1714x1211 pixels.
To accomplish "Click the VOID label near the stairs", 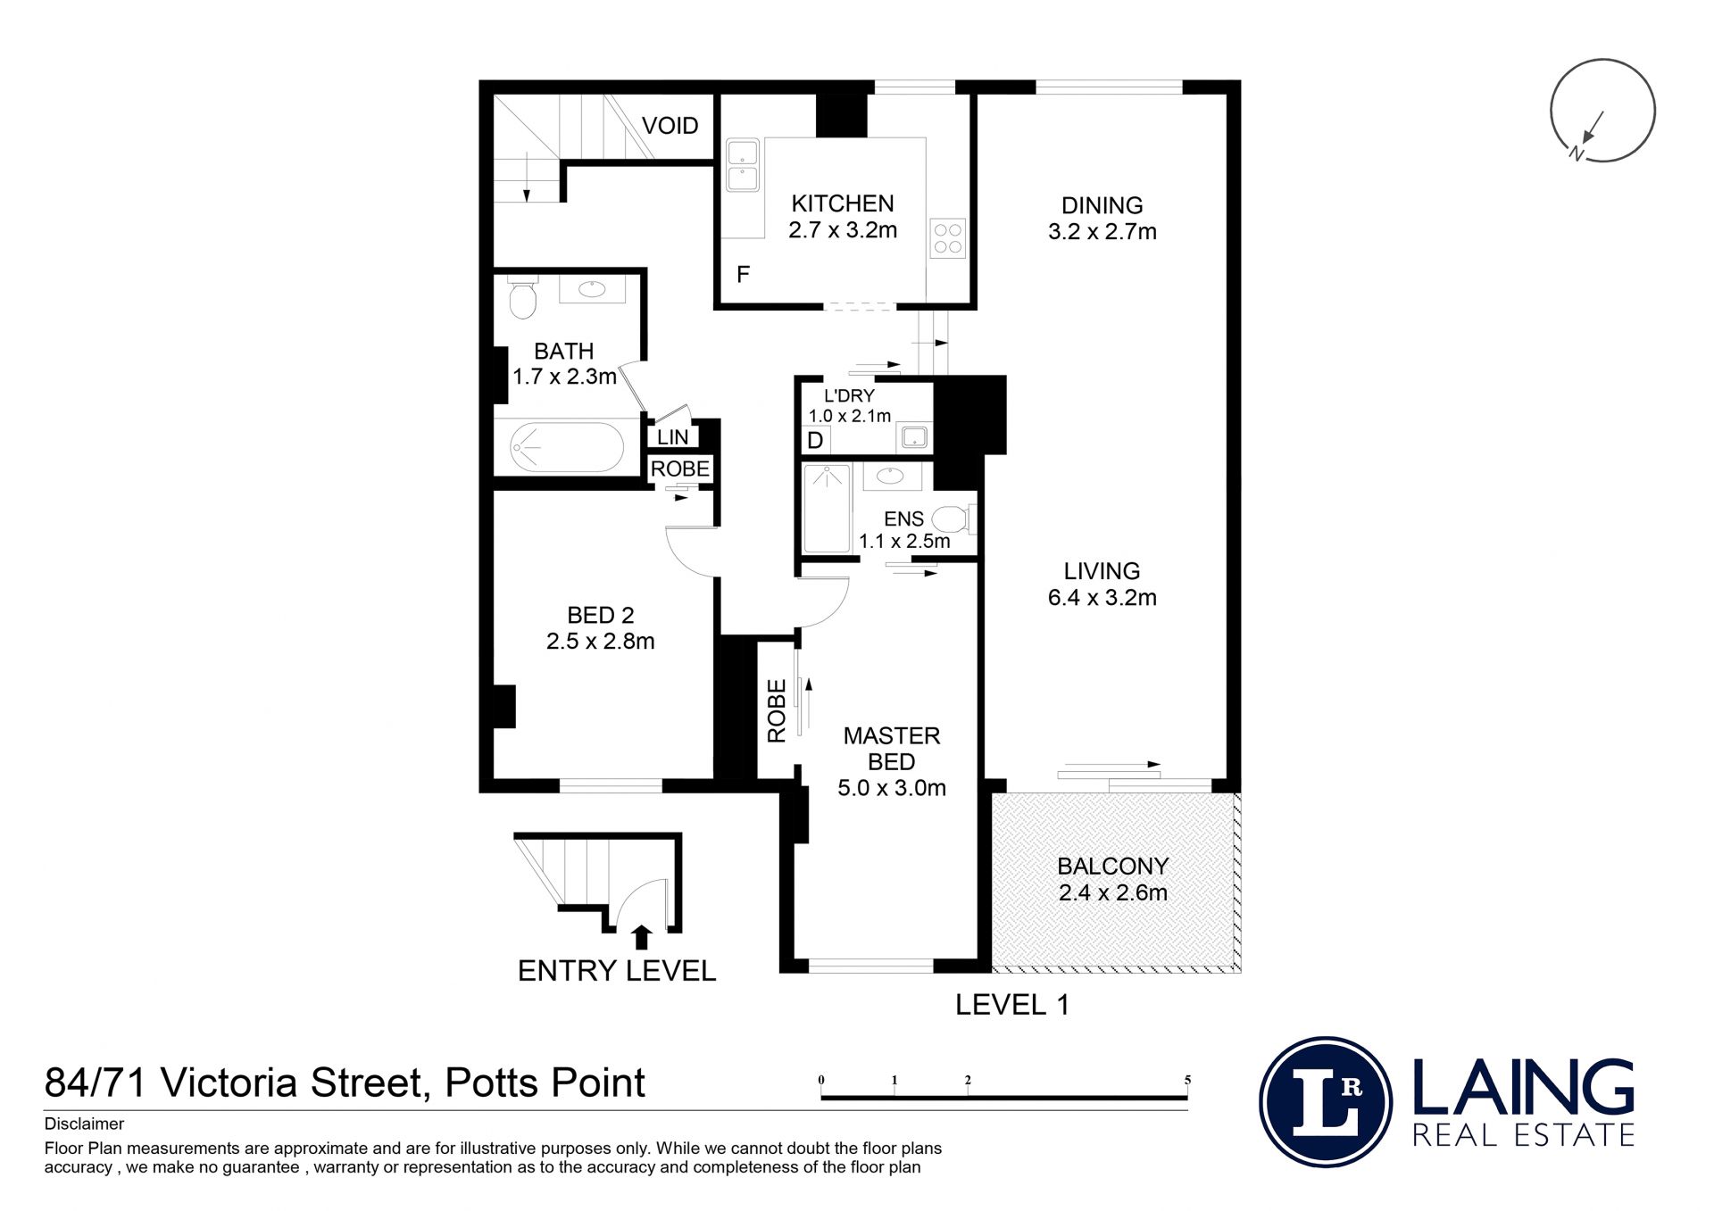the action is pyautogui.click(x=670, y=126).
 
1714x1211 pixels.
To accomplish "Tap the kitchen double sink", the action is pyautogui.click(x=742, y=164).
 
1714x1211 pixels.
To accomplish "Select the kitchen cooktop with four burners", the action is pyautogui.click(x=947, y=238).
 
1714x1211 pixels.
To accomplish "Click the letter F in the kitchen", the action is pyautogui.click(x=743, y=275).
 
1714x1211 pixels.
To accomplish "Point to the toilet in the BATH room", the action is pyautogui.click(x=523, y=297).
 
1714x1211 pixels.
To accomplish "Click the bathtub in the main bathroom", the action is pyautogui.click(x=567, y=447).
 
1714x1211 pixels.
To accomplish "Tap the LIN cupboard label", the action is pyautogui.click(x=673, y=437).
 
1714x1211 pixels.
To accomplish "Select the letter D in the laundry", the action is pyautogui.click(x=815, y=441).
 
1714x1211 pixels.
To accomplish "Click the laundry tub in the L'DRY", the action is pyautogui.click(x=914, y=437).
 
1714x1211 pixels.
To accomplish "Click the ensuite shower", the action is pyautogui.click(x=827, y=509).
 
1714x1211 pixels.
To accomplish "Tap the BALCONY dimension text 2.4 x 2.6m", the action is pyautogui.click(x=1112, y=892).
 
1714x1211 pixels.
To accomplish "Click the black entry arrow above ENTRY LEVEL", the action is pyautogui.click(x=641, y=937).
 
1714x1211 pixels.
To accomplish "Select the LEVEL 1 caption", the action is pyautogui.click(x=1011, y=1005).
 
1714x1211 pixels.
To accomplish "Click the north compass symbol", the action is pyautogui.click(x=1602, y=111).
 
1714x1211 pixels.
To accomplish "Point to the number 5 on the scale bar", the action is pyautogui.click(x=1187, y=1080).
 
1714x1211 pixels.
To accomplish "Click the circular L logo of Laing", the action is pyautogui.click(x=1326, y=1102).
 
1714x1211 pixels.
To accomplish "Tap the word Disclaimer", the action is pyautogui.click(x=84, y=1124).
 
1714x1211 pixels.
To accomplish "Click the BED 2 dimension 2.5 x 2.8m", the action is pyautogui.click(x=601, y=642).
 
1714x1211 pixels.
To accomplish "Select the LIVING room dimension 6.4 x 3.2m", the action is pyautogui.click(x=1102, y=598).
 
